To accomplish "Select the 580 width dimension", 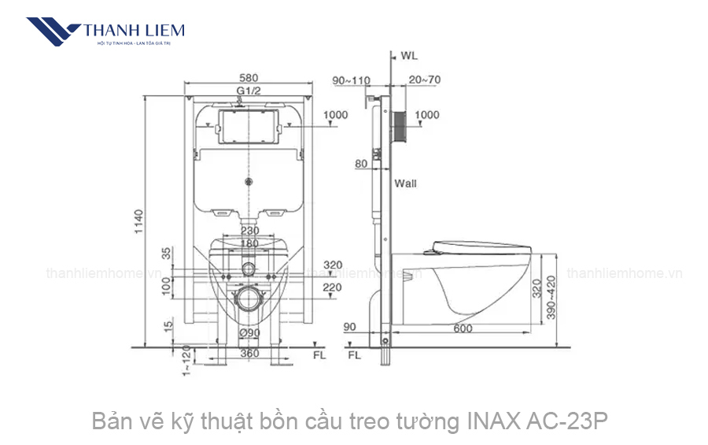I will pyautogui.click(x=249, y=79).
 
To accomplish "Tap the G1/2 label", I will pyautogui.click(x=249, y=91).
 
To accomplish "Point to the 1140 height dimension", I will pyautogui.click(x=139, y=221).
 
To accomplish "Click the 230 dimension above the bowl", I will pyautogui.click(x=249, y=231).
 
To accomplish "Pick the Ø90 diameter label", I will pyautogui.click(x=249, y=332).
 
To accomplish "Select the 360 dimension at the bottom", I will pyautogui.click(x=249, y=354).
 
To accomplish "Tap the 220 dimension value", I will pyautogui.click(x=332, y=288).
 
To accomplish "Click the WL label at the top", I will pyautogui.click(x=408, y=56).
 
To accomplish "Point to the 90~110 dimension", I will pyautogui.click(x=351, y=80).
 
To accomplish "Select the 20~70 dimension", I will pyautogui.click(x=425, y=80).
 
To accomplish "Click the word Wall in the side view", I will pyautogui.click(x=406, y=184).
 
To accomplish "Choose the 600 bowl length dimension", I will pyautogui.click(x=463, y=328).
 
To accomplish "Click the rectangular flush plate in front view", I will pyautogui.click(x=249, y=126).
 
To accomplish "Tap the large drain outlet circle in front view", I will pyautogui.click(x=249, y=298).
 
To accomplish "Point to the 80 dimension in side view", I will pyautogui.click(x=361, y=165).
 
